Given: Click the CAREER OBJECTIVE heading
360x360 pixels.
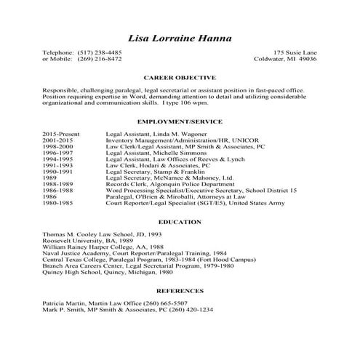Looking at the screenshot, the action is click(x=180, y=76).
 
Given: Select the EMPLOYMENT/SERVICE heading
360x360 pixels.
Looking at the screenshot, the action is click(x=180, y=121).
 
